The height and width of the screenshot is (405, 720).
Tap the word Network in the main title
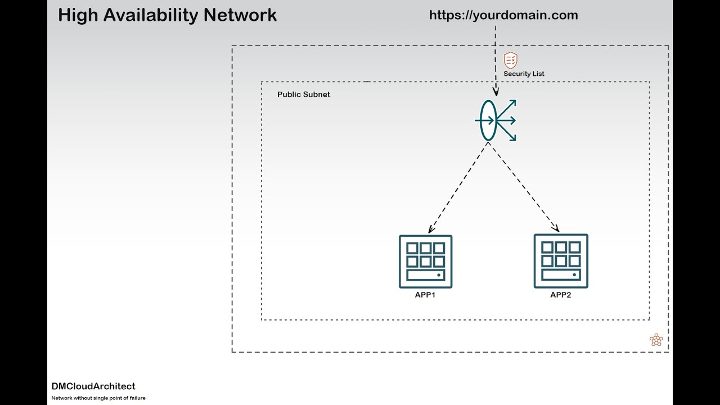pos(240,15)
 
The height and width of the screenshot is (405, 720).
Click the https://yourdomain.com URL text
pos(503,15)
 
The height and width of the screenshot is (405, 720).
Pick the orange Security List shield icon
pos(510,60)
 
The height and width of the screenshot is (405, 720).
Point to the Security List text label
pos(524,74)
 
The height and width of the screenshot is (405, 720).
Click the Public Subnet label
pos(304,94)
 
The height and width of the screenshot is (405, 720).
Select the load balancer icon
pos(496,120)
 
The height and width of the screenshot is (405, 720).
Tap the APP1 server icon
pos(425,262)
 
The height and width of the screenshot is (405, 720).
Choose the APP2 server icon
pos(561,261)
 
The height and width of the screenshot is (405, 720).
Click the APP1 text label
pos(425,295)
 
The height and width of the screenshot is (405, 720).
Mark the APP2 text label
pos(560,295)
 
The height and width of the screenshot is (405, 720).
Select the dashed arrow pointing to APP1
pos(457,188)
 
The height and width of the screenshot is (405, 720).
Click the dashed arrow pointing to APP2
pos(523,187)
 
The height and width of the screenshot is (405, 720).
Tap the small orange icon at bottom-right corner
pos(656,340)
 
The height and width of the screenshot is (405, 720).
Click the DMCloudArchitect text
pos(93,386)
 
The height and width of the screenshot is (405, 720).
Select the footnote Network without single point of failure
pos(98,398)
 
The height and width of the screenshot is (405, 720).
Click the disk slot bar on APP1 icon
pos(425,276)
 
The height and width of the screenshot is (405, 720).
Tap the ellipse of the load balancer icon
pos(488,120)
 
